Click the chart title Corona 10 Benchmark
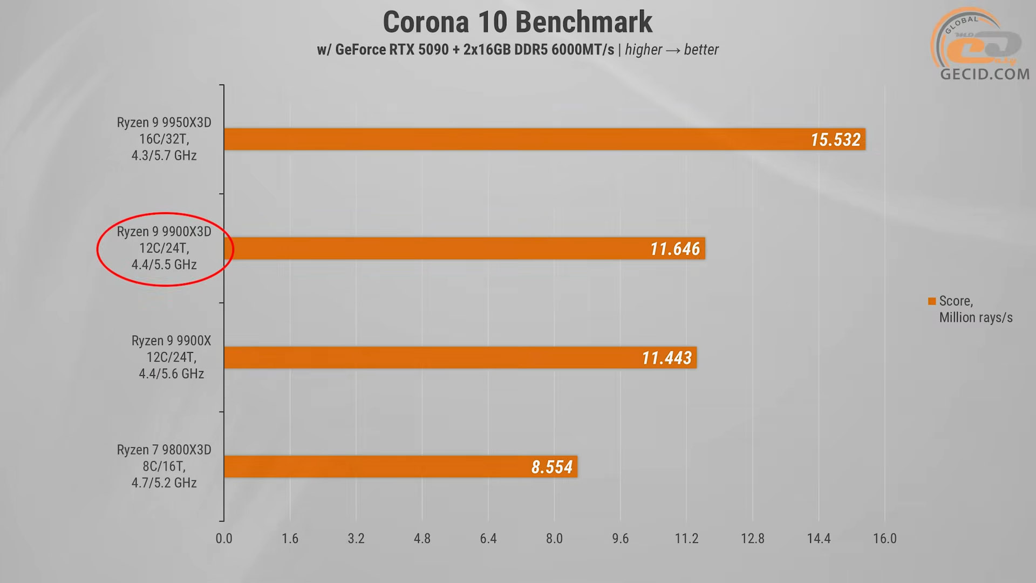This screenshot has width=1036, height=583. (x=517, y=23)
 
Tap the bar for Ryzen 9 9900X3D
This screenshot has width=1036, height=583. (x=432, y=249)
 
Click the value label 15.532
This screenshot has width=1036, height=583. (x=835, y=140)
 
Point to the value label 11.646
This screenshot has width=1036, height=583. (x=674, y=249)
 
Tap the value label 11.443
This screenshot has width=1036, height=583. (x=666, y=358)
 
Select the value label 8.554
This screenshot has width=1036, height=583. (x=551, y=467)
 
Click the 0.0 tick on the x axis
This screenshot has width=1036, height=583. (x=224, y=539)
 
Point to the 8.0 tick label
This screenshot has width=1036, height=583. (x=554, y=539)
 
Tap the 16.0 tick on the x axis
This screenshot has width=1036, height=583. (x=885, y=539)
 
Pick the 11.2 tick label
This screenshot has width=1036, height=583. (x=686, y=539)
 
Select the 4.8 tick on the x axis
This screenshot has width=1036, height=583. (x=422, y=539)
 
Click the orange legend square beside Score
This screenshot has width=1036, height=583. (x=932, y=301)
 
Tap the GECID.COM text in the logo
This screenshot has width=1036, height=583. (x=985, y=74)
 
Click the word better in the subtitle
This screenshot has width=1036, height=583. (x=701, y=50)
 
